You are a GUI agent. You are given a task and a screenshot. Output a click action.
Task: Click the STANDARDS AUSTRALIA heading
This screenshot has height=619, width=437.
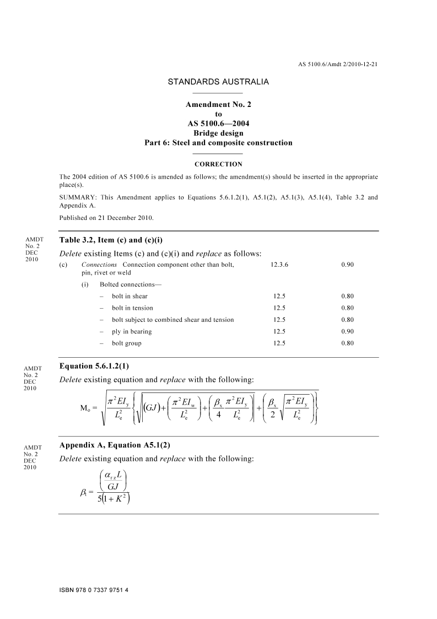tap(218, 82)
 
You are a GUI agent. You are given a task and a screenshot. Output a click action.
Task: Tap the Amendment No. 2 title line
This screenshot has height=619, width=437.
tap(218, 105)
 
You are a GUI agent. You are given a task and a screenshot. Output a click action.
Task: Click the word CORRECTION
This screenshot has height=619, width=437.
tap(218, 164)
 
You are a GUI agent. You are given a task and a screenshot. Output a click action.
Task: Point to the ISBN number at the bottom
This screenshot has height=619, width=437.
tap(93, 590)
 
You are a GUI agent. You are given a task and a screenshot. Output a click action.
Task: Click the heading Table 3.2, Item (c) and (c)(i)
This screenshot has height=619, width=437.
tap(111, 240)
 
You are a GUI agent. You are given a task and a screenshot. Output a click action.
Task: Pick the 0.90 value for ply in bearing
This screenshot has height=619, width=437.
tap(347, 332)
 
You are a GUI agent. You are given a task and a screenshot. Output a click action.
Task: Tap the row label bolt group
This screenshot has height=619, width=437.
tap(126, 343)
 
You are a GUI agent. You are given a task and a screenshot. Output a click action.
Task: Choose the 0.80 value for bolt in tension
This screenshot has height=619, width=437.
tap(347, 308)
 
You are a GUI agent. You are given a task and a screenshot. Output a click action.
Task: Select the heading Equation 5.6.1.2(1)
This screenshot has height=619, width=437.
tap(94, 366)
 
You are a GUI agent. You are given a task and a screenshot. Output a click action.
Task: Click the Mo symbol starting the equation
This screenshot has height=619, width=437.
tap(85, 408)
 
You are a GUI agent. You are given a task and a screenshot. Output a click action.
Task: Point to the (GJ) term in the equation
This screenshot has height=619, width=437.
tap(150, 408)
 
